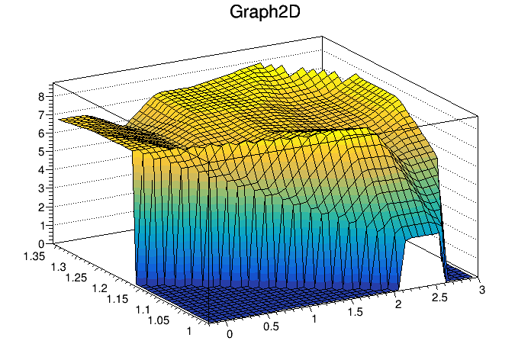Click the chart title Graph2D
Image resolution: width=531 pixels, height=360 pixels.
[265, 12]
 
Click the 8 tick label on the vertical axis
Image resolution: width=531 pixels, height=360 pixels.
[41, 97]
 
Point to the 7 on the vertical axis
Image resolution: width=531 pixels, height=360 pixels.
[41, 115]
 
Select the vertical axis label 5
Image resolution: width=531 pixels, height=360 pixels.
[41, 152]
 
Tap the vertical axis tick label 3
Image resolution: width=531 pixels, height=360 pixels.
[41, 188]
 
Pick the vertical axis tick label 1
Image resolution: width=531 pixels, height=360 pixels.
[42, 226]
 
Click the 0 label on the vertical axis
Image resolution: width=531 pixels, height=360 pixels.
[41, 244]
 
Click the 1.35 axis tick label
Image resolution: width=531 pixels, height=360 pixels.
[34, 256]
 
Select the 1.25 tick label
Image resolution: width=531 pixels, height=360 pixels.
[76, 278]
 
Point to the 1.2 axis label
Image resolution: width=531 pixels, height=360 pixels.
[99, 288]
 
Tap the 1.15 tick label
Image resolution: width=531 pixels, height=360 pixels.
[117, 300]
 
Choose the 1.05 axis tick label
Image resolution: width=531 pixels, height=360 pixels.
[159, 320]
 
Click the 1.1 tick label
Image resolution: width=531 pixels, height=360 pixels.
[142, 310]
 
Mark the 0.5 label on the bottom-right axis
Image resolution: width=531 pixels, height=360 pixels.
[271, 326]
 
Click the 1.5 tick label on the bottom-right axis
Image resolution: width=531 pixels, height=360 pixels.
[356, 312]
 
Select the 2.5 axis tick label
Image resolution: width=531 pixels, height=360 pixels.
[439, 297]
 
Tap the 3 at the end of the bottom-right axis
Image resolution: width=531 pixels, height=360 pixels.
[482, 290]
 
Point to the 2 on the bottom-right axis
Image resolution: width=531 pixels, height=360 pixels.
[398, 304]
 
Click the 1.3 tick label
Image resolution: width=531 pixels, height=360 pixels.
[58, 267]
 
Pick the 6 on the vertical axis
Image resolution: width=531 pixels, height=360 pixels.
[41, 133]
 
